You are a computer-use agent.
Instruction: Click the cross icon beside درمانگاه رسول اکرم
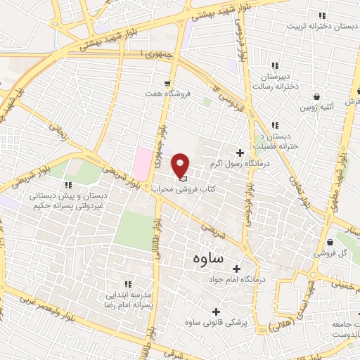240,153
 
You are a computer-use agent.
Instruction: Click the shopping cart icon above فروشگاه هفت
167,82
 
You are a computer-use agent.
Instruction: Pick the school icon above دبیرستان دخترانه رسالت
275,65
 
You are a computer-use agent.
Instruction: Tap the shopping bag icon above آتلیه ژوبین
318,96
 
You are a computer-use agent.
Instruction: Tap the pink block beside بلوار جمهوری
143,162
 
